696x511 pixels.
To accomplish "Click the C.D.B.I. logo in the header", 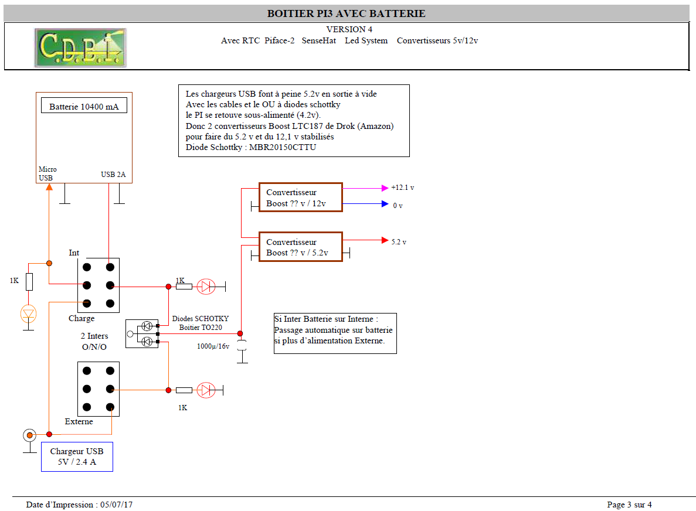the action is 80,48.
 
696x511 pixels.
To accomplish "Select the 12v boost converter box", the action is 300,197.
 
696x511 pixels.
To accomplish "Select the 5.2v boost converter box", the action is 300,247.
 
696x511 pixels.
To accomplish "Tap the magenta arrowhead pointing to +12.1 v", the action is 385,188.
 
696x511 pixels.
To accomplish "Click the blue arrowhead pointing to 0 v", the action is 385,204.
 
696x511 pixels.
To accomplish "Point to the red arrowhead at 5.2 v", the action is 385,240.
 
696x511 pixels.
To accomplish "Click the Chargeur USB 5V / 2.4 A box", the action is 77,457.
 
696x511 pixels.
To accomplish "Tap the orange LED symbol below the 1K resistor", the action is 28,314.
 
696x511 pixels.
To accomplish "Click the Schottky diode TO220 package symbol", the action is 142,333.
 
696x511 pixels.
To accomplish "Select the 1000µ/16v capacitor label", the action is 213,346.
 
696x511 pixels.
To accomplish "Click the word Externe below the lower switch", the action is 79,421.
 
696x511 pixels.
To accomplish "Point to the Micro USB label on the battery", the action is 47,173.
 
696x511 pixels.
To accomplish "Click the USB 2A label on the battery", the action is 113,174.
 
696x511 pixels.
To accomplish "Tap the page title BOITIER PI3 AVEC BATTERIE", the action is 346,13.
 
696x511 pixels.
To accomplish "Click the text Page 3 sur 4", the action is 629,505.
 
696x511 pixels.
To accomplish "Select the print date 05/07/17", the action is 116,505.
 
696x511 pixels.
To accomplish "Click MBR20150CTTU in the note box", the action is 283,147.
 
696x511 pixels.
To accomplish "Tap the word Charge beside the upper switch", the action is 82,318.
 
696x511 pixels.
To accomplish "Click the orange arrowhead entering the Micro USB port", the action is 49,187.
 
